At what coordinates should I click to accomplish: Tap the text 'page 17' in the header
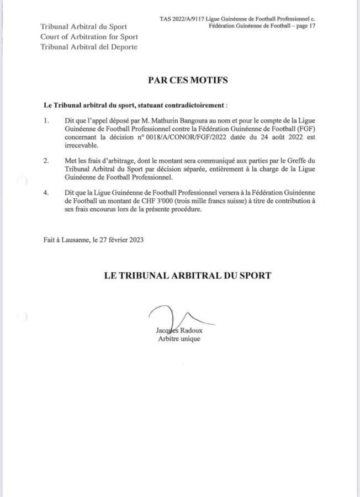tap(304, 27)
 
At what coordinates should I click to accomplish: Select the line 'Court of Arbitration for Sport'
tap(89, 37)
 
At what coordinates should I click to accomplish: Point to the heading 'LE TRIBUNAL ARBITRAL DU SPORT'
tap(187, 275)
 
